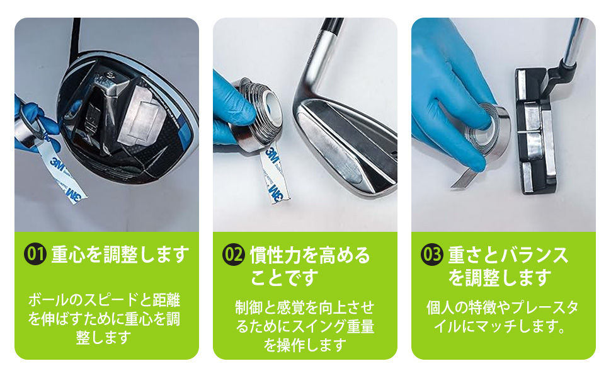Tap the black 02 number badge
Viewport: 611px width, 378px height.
234,254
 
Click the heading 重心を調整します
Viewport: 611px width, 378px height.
120,254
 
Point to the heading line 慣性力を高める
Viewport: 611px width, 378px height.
309,255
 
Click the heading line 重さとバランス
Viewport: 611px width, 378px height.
508,255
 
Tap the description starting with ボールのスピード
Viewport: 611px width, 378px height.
104,318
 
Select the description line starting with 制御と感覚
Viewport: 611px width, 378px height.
305,307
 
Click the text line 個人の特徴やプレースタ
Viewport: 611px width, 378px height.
503,308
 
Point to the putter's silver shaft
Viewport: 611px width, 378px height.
574,44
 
